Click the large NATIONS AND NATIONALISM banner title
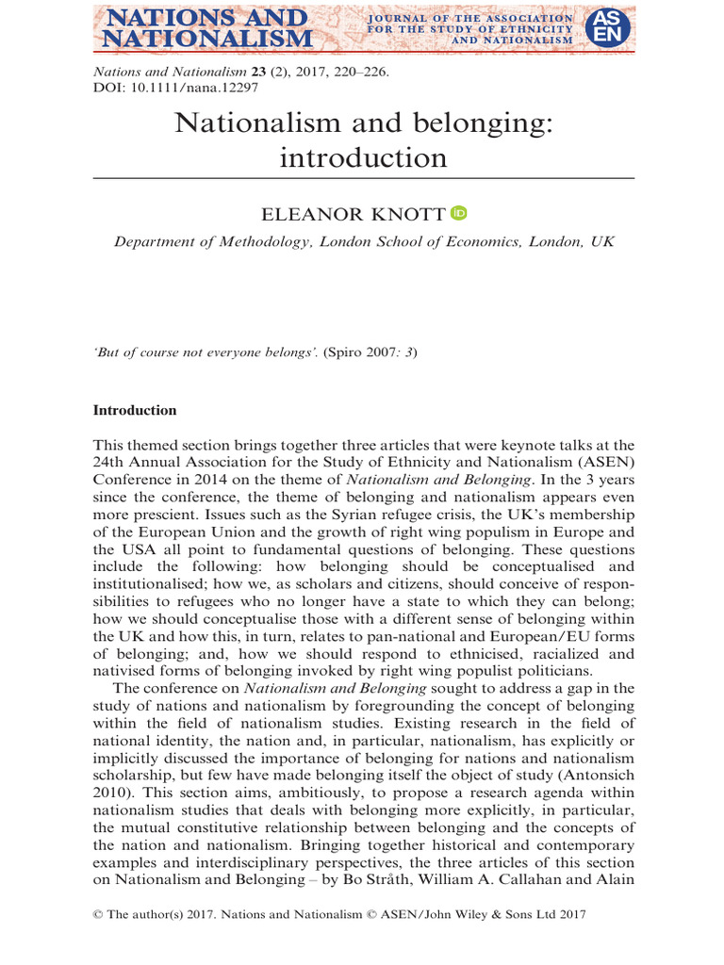point(206,28)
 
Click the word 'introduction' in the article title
point(363,157)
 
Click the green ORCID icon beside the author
point(459,214)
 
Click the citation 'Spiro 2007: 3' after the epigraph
point(370,352)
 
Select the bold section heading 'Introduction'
point(134,411)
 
